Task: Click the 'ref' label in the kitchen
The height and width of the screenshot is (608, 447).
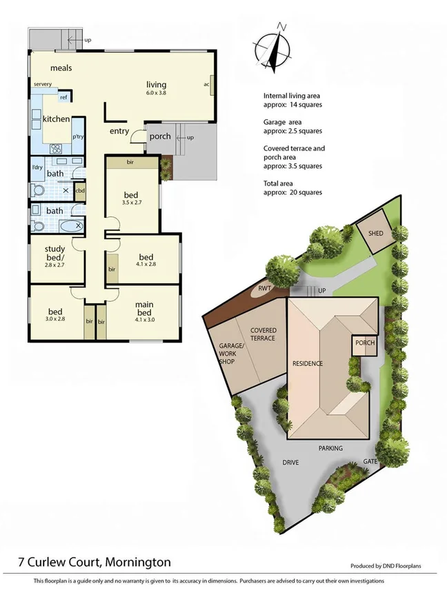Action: (x=63, y=97)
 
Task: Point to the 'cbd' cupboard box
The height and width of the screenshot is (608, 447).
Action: (x=80, y=190)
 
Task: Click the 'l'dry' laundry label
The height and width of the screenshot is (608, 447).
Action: (x=38, y=168)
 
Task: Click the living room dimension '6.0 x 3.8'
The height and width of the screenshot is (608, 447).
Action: (x=157, y=92)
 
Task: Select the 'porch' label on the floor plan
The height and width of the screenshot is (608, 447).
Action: (x=160, y=136)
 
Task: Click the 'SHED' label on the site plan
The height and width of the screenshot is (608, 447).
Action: (x=375, y=234)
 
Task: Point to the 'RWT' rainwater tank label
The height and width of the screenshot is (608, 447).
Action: (x=264, y=289)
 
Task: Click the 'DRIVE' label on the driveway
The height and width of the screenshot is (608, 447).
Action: (x=291, y=463)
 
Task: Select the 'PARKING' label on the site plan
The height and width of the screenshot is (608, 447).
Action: (x=330, y=448)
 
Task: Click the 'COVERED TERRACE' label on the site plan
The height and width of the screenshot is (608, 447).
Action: (x=263, y=334)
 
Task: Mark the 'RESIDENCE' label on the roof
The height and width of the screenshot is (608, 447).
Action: (x=308, y=363)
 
